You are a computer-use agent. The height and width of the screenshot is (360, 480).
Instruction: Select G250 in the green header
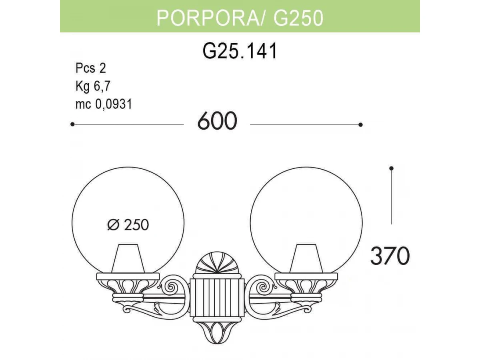[x=298, y=18]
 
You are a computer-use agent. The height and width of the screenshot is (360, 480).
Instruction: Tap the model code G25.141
[x=240, y=51]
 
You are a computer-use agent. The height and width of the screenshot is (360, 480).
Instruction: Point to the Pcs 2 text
[x=90, y=68]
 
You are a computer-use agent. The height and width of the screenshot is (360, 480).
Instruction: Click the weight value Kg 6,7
[x=93, y=86]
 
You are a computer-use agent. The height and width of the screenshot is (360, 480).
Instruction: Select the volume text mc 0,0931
[x=104, y=104]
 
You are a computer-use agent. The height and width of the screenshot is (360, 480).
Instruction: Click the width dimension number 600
[x=217, y=121]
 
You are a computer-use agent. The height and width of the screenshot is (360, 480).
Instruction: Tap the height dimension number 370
[x=390, y=256]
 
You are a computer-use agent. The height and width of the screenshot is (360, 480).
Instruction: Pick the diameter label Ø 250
[x=128, y=225]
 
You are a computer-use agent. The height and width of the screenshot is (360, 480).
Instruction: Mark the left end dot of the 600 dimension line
[x=72, y=124]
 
